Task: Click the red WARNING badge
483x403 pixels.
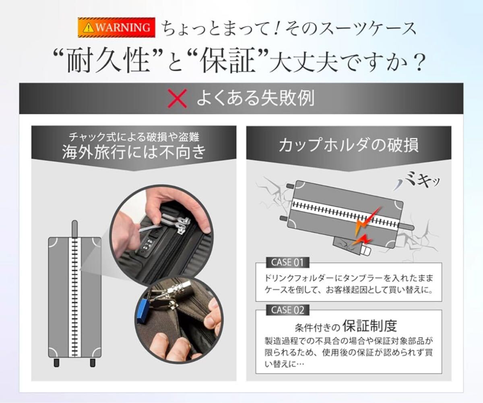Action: pos(116,27)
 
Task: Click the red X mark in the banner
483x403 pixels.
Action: pos(177,98)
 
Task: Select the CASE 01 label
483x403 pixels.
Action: pos(287,263)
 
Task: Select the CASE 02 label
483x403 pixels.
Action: pos(287,310)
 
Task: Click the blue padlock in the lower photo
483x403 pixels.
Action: pos(142,311)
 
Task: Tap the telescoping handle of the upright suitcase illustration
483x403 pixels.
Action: pos(75,229)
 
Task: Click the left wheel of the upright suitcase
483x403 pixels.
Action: pos(56,362)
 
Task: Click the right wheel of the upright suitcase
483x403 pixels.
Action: pos(93,362)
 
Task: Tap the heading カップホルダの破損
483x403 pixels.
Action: pos(349,145)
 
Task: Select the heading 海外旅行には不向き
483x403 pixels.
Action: pos(134,152)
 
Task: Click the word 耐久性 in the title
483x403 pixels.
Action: pos(108,60)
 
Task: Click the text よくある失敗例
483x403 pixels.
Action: pos(255,98)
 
